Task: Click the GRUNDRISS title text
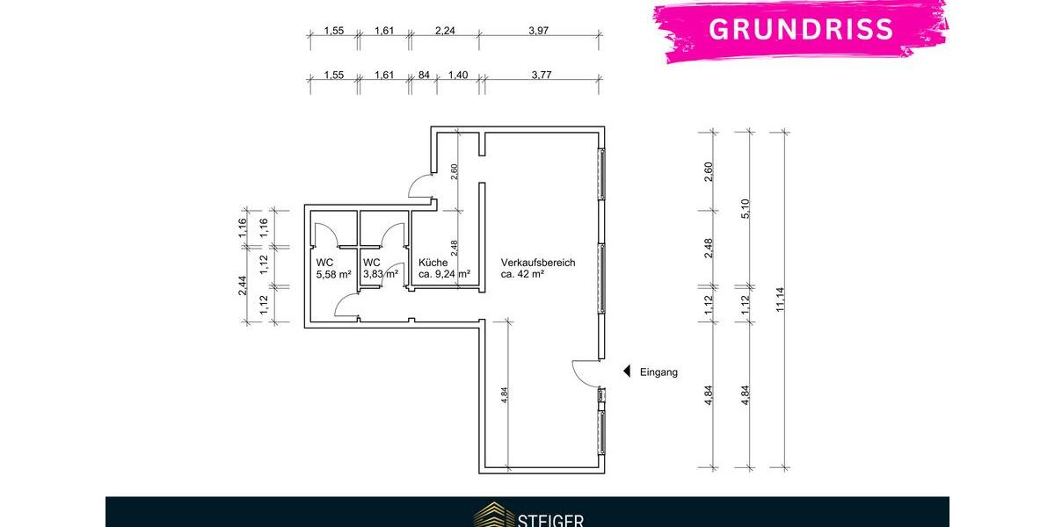[x=801, y=28]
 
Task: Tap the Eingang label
[x=658, y=372]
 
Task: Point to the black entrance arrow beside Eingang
[x=627, y=372]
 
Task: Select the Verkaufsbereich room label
[x=538, y=263]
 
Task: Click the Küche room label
[x=433, y=263]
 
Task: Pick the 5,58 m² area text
[x=334, y=274]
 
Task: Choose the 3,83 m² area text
[x=381, y=274]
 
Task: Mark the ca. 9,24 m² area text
[x=444, y=274]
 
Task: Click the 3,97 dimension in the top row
[x=539, y=32]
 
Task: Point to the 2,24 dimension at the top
[x=445, y=32]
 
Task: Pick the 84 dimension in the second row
[x=423, y=76]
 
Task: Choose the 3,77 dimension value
[x=542, y=76]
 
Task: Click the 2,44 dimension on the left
[x=243, y=285]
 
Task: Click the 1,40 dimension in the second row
[x=457, y=76]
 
